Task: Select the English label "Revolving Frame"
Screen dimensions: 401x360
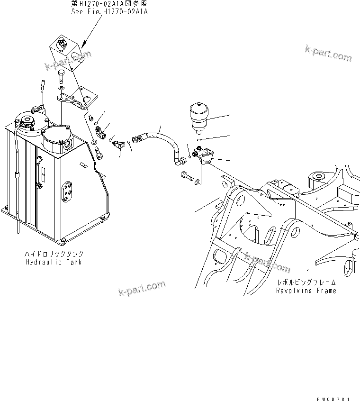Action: pos(306,290)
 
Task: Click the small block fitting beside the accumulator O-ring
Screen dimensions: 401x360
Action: pos(206,156)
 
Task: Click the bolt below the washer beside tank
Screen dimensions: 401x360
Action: pos(98,153)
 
